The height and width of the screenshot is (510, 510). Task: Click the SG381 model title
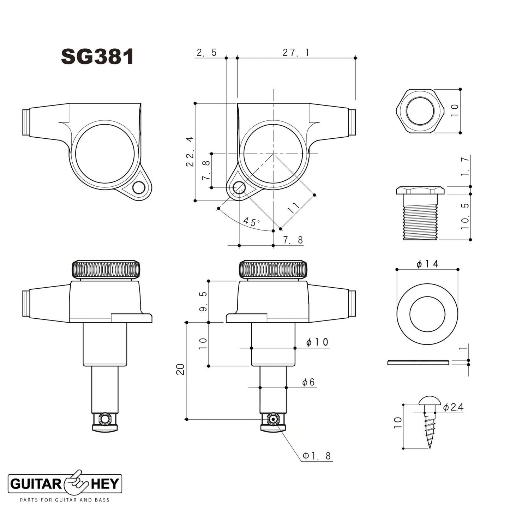click(97, 57)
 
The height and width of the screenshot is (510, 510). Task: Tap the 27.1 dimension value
click(296, 53)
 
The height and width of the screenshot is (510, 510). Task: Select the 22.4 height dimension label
click(190, 152)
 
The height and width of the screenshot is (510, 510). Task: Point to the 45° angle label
click(251, 222)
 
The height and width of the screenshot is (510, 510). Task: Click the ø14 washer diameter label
click(427, 264)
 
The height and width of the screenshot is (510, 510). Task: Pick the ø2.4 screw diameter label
click(453, 407)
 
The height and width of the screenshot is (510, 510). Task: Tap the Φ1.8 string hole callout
click(317, 456)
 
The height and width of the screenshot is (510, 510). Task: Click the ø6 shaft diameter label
click(308, 382)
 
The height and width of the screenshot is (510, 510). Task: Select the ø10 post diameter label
click(317, 342)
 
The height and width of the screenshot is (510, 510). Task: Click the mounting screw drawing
click(430, 420)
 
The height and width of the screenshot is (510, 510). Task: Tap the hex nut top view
click(420, 111)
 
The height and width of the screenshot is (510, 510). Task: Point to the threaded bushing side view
click(420, 214)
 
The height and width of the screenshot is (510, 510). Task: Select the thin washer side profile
click(418, 362)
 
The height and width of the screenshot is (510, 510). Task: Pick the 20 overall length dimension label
click(181, 370)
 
